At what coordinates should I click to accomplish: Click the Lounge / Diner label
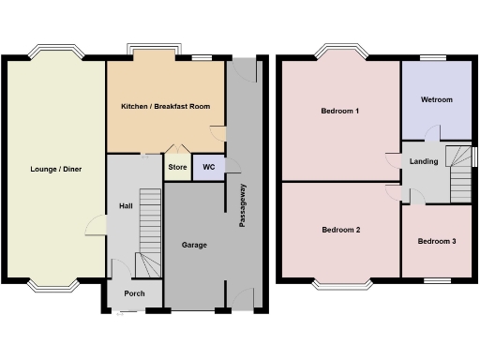[x=53, y=169]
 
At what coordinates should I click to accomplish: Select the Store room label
[x=177, y=169]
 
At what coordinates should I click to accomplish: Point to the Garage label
[x=194, y=245]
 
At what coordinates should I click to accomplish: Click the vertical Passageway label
[x=243, y=206]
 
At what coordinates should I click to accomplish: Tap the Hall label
[x=125, y=205]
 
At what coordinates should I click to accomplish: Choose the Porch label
[x=134, y=293]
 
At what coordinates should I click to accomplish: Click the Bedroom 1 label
[x=340, y=112]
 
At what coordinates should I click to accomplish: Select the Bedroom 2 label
[x=340, y=230]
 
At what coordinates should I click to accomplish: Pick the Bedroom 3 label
[x=437, y=241]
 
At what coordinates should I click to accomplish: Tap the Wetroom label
[x=437, y=99]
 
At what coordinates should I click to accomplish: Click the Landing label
[x=424, y=161]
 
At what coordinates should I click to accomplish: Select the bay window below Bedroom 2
[x=340, y=282]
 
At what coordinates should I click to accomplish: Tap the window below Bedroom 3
[x=437, y=280]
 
